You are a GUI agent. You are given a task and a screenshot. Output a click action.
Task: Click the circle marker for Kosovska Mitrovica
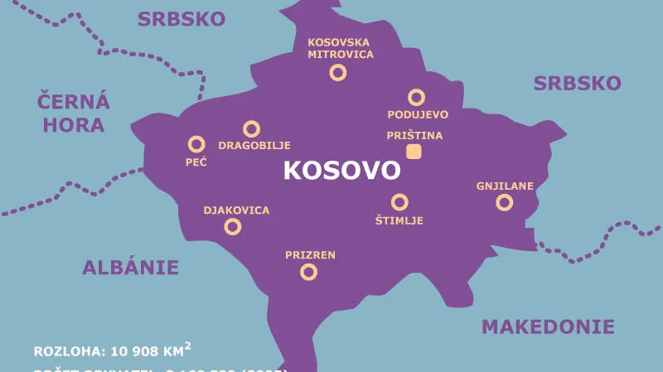tap(338, 72)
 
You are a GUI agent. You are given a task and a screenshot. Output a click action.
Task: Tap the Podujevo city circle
tap(416, 97)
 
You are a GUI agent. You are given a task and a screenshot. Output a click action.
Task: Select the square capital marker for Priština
tap(414, 151)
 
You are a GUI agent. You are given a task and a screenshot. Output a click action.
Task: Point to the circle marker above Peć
tap(196, 143)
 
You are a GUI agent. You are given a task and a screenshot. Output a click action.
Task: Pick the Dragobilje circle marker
tap(251, 128)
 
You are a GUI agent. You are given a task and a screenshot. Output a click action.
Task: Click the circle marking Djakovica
tap(234, 226)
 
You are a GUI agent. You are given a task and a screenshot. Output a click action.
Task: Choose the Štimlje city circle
tap(399, 201)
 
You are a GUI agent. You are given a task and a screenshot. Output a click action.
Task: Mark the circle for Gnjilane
tap(504, 202)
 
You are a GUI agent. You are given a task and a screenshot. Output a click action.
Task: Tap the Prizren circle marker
tap(308, 271)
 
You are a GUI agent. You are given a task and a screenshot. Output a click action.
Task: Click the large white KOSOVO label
tap(341, 171)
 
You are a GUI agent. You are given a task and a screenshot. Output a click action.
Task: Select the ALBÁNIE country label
tap(130, 267)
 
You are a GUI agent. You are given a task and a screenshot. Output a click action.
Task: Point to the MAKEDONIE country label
tap(549, 326)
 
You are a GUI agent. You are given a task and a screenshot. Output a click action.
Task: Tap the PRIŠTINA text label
tap(415, 135)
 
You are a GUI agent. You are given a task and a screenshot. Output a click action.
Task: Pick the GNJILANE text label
tap(504, 186)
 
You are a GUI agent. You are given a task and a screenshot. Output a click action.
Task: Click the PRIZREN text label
tap(310, 254)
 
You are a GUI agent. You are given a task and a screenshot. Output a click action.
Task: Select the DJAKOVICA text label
tap(236, 210)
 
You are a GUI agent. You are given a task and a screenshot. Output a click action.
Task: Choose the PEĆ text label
tap(196, 161)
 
